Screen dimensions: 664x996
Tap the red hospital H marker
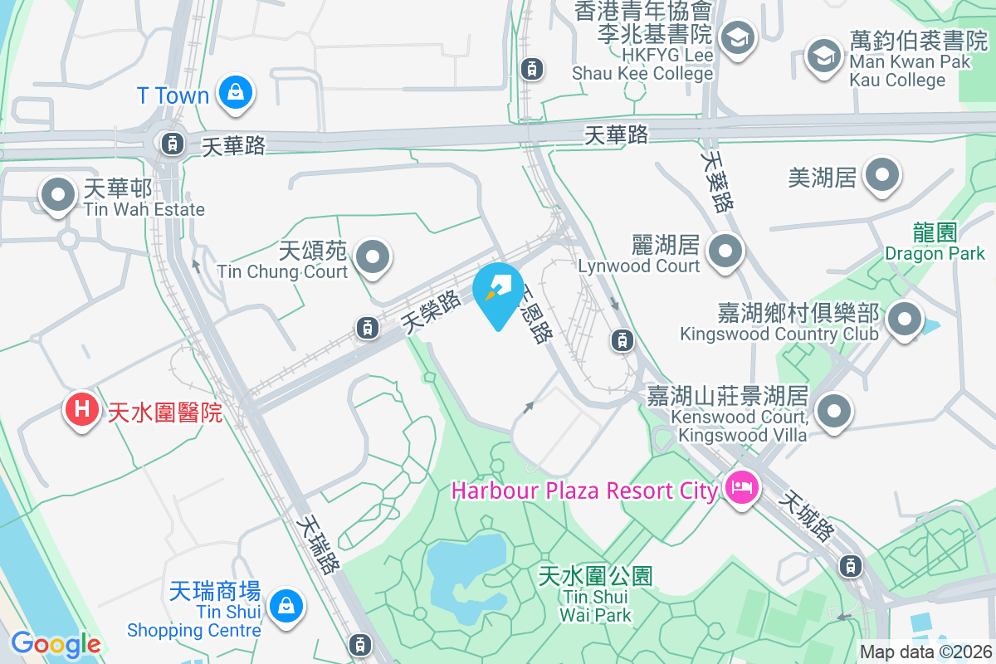(82, 409)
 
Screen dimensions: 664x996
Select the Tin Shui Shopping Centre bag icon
(286, 606)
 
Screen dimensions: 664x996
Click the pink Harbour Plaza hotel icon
(739, 487)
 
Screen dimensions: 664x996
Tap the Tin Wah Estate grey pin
(58, 196)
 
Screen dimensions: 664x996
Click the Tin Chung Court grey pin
(373, 256)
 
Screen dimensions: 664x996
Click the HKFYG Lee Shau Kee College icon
(736, 37)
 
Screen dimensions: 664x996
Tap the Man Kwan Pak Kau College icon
(824, 56)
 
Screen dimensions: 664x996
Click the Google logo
(56, 644)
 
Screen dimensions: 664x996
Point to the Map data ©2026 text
(925, 652)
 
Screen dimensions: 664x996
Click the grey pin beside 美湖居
(881, 176)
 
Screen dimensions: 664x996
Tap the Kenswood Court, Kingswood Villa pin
(834, 411)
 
